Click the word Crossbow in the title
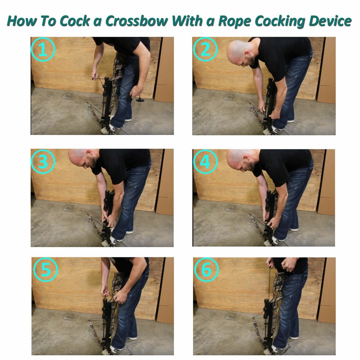point(137,21)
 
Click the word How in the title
point(22,21)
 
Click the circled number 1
point(43,49)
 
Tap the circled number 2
point(205,49)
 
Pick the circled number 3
point(43,162)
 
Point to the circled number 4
point(205,162)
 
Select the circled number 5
point(46,270)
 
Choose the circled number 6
point(206,270)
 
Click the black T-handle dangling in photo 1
point(140,99)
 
